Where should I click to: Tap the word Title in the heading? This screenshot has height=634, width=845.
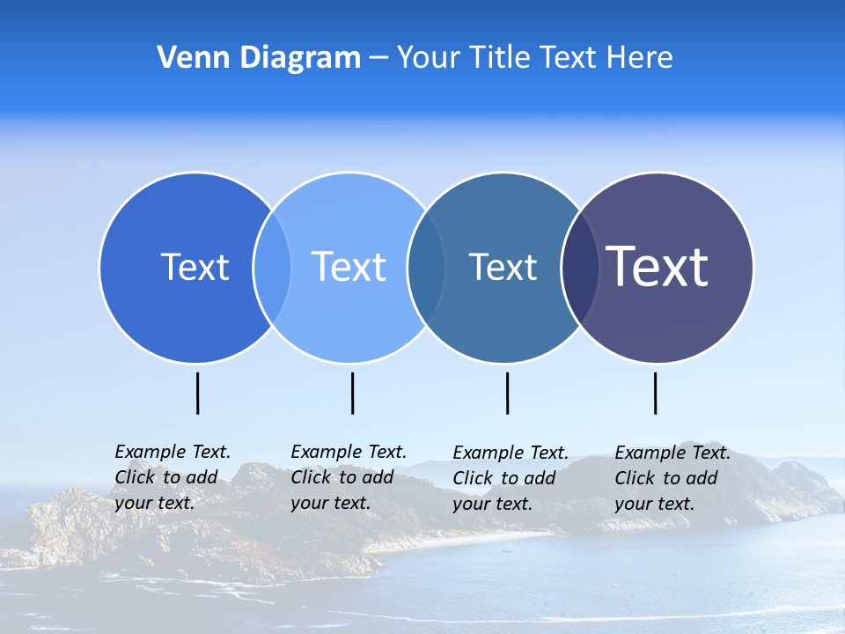(x=501, y=58)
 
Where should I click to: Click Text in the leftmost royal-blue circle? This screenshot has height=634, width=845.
(x=195, y=267)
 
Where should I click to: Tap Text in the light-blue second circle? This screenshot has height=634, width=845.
(x=349, y=267)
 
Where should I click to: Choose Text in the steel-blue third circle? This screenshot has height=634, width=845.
(x=503, y=267)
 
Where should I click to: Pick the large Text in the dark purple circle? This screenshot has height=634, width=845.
(x=658, y=266)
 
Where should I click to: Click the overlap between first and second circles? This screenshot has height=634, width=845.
(x=272, y=268)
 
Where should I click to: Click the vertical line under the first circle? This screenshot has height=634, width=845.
(x=197, y=393)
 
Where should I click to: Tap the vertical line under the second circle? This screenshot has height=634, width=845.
(x=352, y=393)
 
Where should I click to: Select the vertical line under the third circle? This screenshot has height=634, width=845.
(x=507, y=393)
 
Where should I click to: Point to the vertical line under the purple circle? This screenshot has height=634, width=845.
(x=655, y=393)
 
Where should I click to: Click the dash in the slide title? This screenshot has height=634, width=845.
(x=378, y=59)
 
